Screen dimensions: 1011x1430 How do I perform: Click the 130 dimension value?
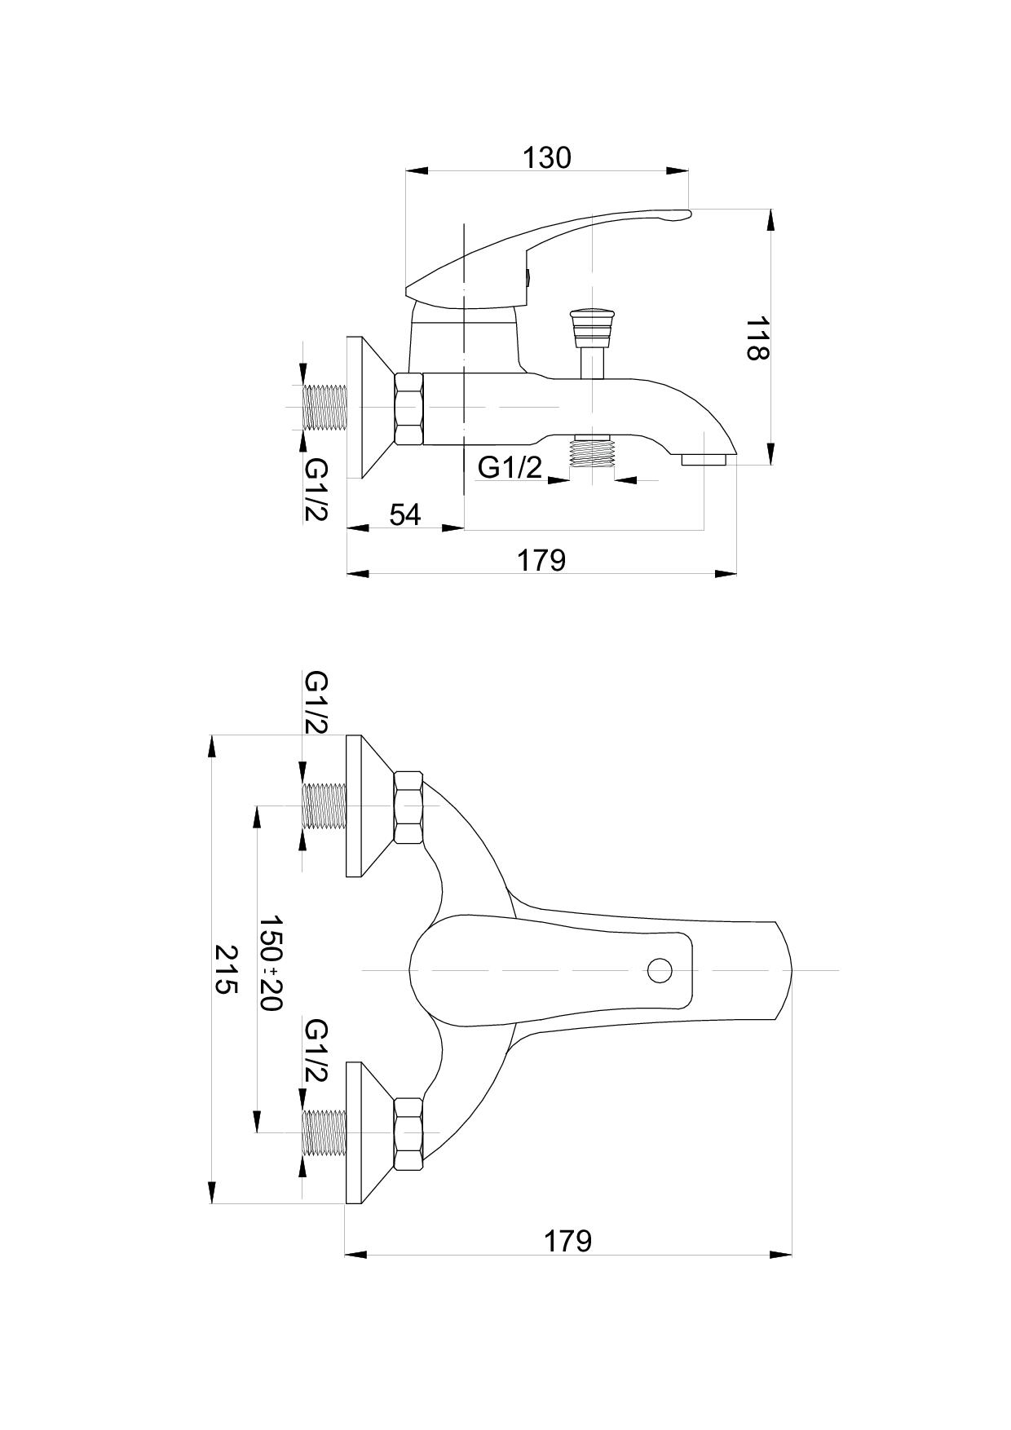point(547,157)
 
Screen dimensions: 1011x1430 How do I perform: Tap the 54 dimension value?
point(405,514)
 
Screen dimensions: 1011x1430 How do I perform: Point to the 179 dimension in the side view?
point(542,560)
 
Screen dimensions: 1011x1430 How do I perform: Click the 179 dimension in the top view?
point(567,1241)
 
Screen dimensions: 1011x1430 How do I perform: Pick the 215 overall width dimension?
point(225,969)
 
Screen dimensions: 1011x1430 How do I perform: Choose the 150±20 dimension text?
point(271,962)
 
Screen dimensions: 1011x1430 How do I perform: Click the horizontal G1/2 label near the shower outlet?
point(510,468)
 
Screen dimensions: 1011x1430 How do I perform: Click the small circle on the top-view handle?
point(660,970)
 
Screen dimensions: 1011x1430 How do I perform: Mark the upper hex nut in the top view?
point(408,807)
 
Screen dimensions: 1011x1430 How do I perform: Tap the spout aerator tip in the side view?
point(704,461)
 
